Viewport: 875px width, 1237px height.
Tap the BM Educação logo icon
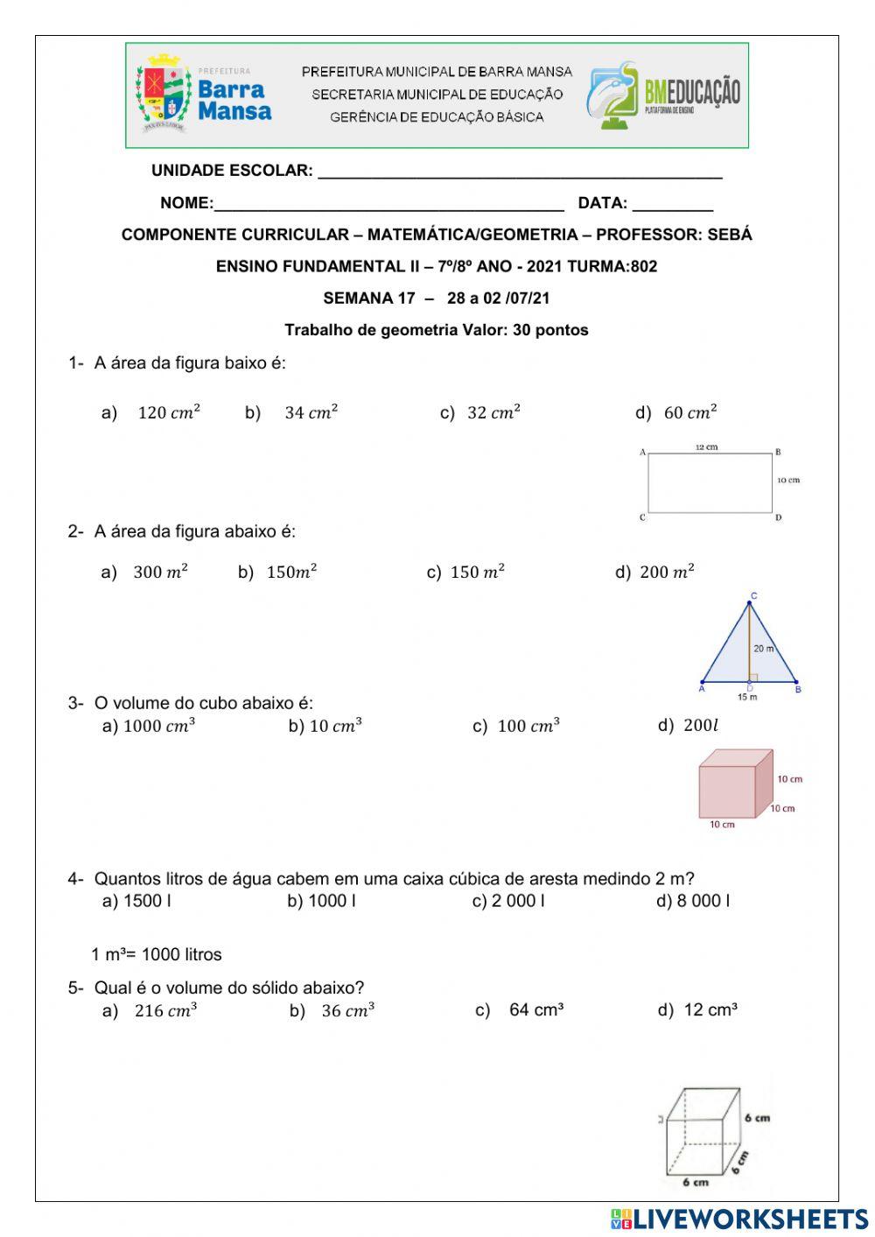[612, 95]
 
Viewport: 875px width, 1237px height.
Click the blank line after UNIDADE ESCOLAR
[520, 172]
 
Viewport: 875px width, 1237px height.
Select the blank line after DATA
[672, 204]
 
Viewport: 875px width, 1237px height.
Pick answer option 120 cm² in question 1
[168, 412]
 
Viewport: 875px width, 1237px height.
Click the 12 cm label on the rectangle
[706, 447]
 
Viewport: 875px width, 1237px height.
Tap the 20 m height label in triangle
[763, 649]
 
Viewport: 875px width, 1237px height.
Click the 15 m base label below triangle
[746, 697]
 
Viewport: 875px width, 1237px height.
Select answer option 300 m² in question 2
[160, 573]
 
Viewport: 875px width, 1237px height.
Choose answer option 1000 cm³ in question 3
[158, 726]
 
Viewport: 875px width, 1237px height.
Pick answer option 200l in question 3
[699, 726]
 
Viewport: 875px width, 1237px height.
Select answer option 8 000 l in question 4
[703, 901]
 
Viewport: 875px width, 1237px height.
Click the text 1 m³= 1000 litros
[157, 954]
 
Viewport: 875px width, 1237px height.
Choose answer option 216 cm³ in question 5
[165, 1011]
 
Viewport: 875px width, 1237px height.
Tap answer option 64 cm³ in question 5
[535, 1010]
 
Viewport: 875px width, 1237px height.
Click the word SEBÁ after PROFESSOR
[729, 235]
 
